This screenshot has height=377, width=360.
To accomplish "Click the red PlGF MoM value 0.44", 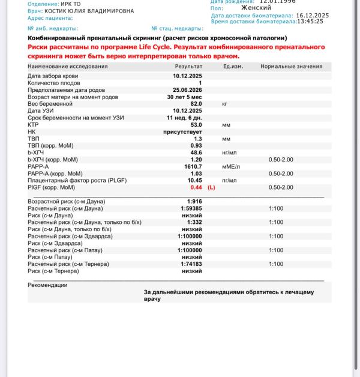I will tap(196, 187).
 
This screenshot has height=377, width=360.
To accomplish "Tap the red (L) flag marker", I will tap(211, 187).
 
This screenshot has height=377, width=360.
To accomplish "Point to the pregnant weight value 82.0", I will tap(196, 104).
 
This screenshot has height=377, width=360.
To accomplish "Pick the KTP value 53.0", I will tap(196, 125).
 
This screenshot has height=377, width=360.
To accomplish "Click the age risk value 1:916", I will tap(194, 201).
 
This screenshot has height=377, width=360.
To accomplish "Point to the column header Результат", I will tap(188, 66).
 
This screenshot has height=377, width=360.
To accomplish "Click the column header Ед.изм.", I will tap(233, 66).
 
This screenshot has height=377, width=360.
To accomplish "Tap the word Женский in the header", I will tap(256, 8).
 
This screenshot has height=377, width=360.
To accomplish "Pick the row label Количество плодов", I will tap(55, 83).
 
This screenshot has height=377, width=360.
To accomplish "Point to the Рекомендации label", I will tap(47, 285).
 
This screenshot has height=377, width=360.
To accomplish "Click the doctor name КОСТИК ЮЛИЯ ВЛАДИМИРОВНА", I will tap(89, 11).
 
